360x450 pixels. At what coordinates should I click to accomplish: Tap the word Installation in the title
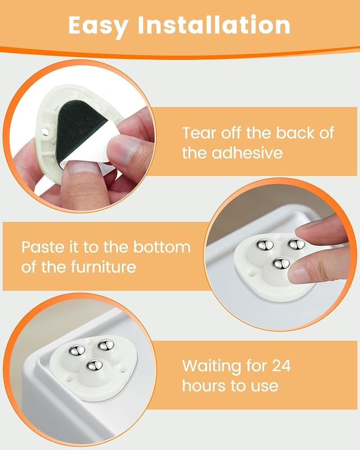point(214,25)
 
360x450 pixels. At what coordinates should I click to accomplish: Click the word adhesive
point(247,153)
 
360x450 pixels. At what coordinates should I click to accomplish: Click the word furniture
point(103,266)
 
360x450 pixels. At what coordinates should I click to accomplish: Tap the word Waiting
point(212,366)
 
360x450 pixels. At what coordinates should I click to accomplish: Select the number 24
point(281,365)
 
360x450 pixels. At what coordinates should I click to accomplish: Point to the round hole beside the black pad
point(45,132)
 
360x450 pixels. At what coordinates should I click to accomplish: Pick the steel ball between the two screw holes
point(94,365)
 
